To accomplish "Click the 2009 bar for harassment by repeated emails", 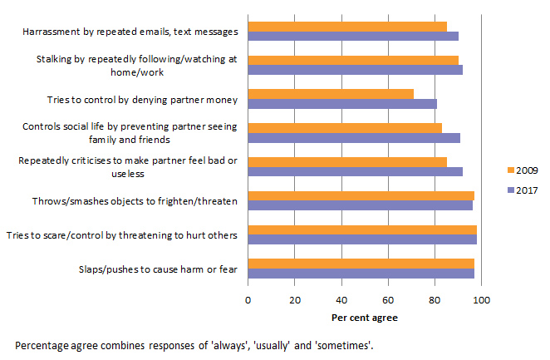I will point(347,26).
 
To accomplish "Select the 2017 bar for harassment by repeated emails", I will point(353,36).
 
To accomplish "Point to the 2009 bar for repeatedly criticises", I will point(347,162).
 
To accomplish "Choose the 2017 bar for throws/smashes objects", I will point(360,205).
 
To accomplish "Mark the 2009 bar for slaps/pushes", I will point(361,264).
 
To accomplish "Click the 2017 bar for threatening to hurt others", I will point(362,239).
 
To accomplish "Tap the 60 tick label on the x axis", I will point(388,300).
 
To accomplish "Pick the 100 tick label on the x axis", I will point(481,300).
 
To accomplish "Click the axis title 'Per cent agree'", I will point(365,317).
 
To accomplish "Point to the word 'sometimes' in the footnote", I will point(346,344).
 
